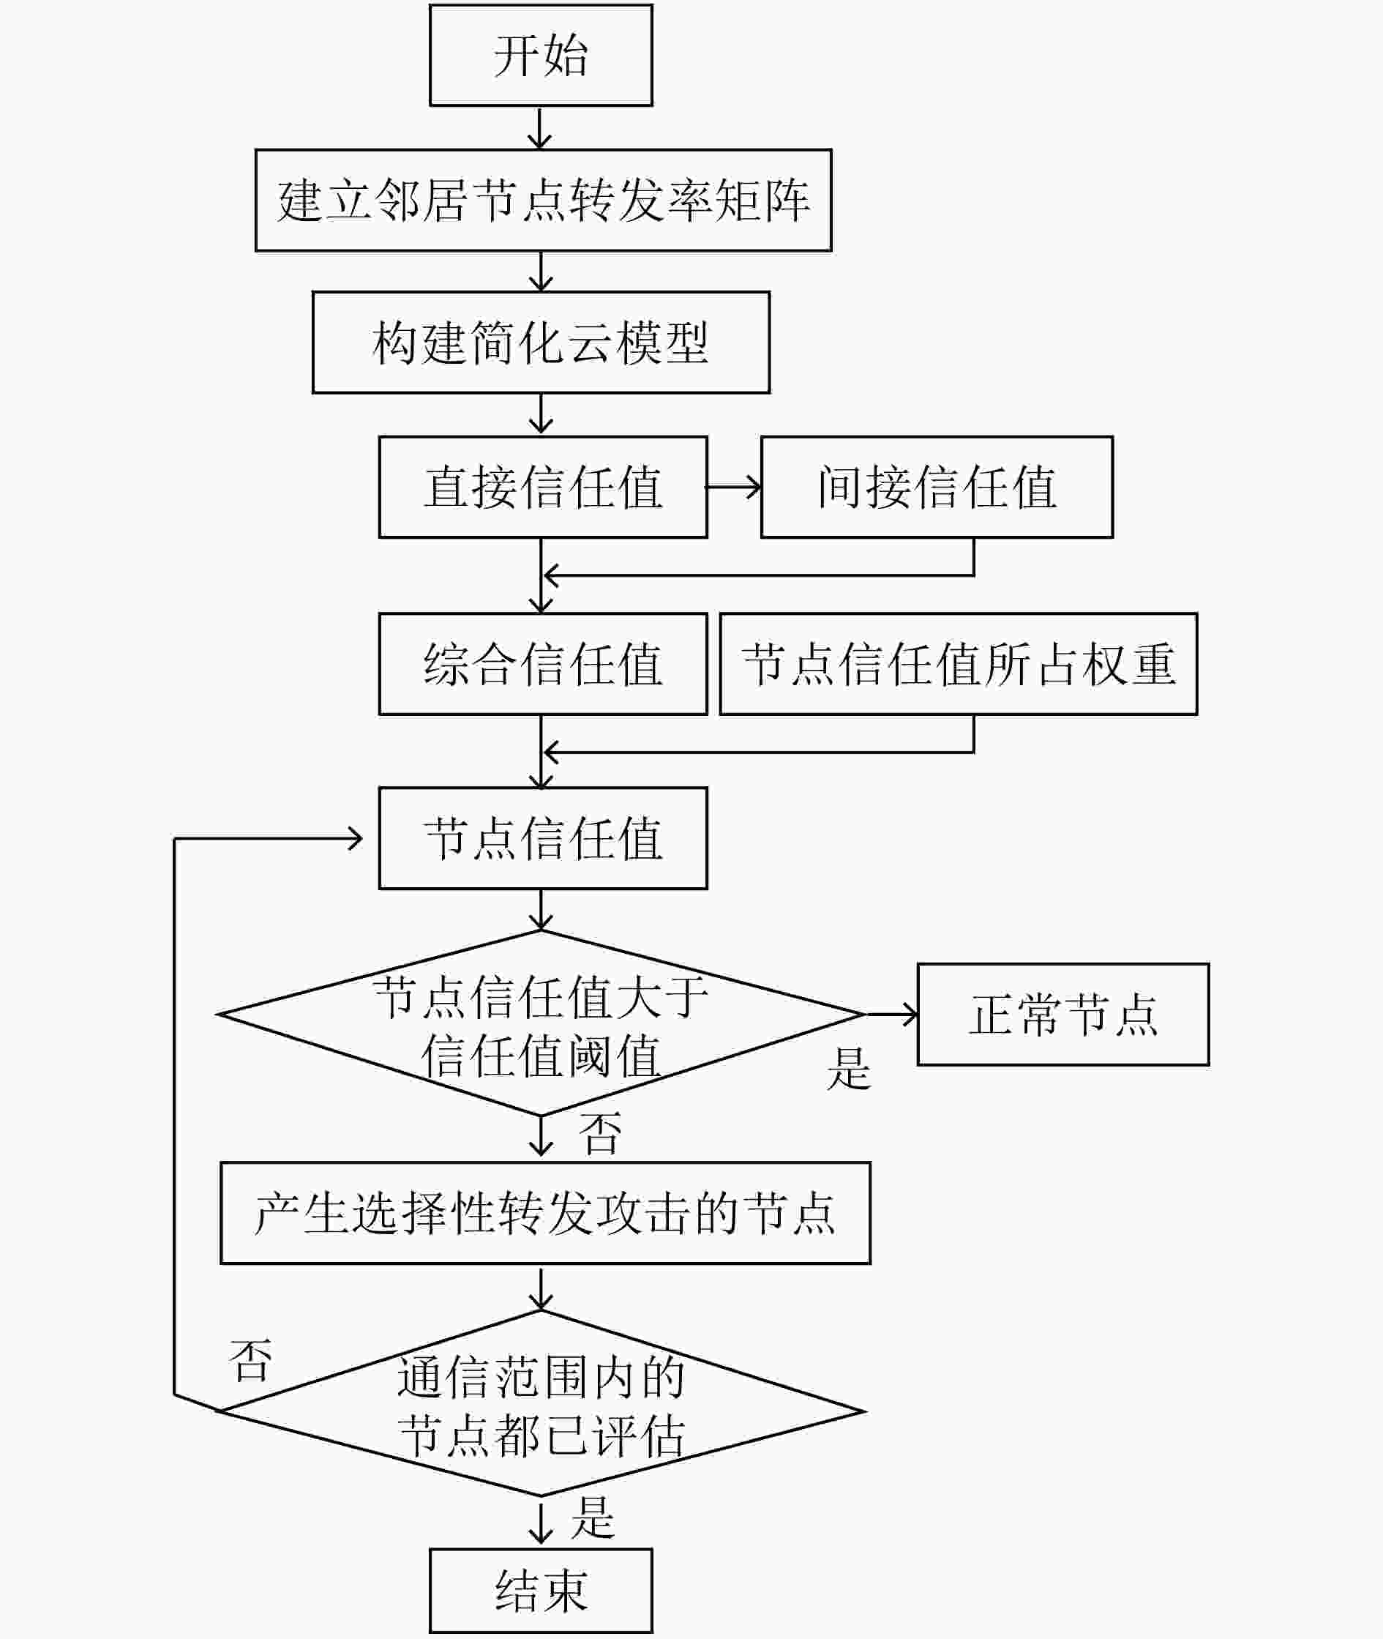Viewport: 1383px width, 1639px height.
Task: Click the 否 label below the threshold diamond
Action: coord(601,1134)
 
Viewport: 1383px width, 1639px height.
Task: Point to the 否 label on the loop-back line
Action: coord(251,1361)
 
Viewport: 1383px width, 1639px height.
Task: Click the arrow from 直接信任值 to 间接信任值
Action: coord(734,487)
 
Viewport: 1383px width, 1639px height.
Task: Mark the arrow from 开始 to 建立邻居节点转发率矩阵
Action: coord(540,128)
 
